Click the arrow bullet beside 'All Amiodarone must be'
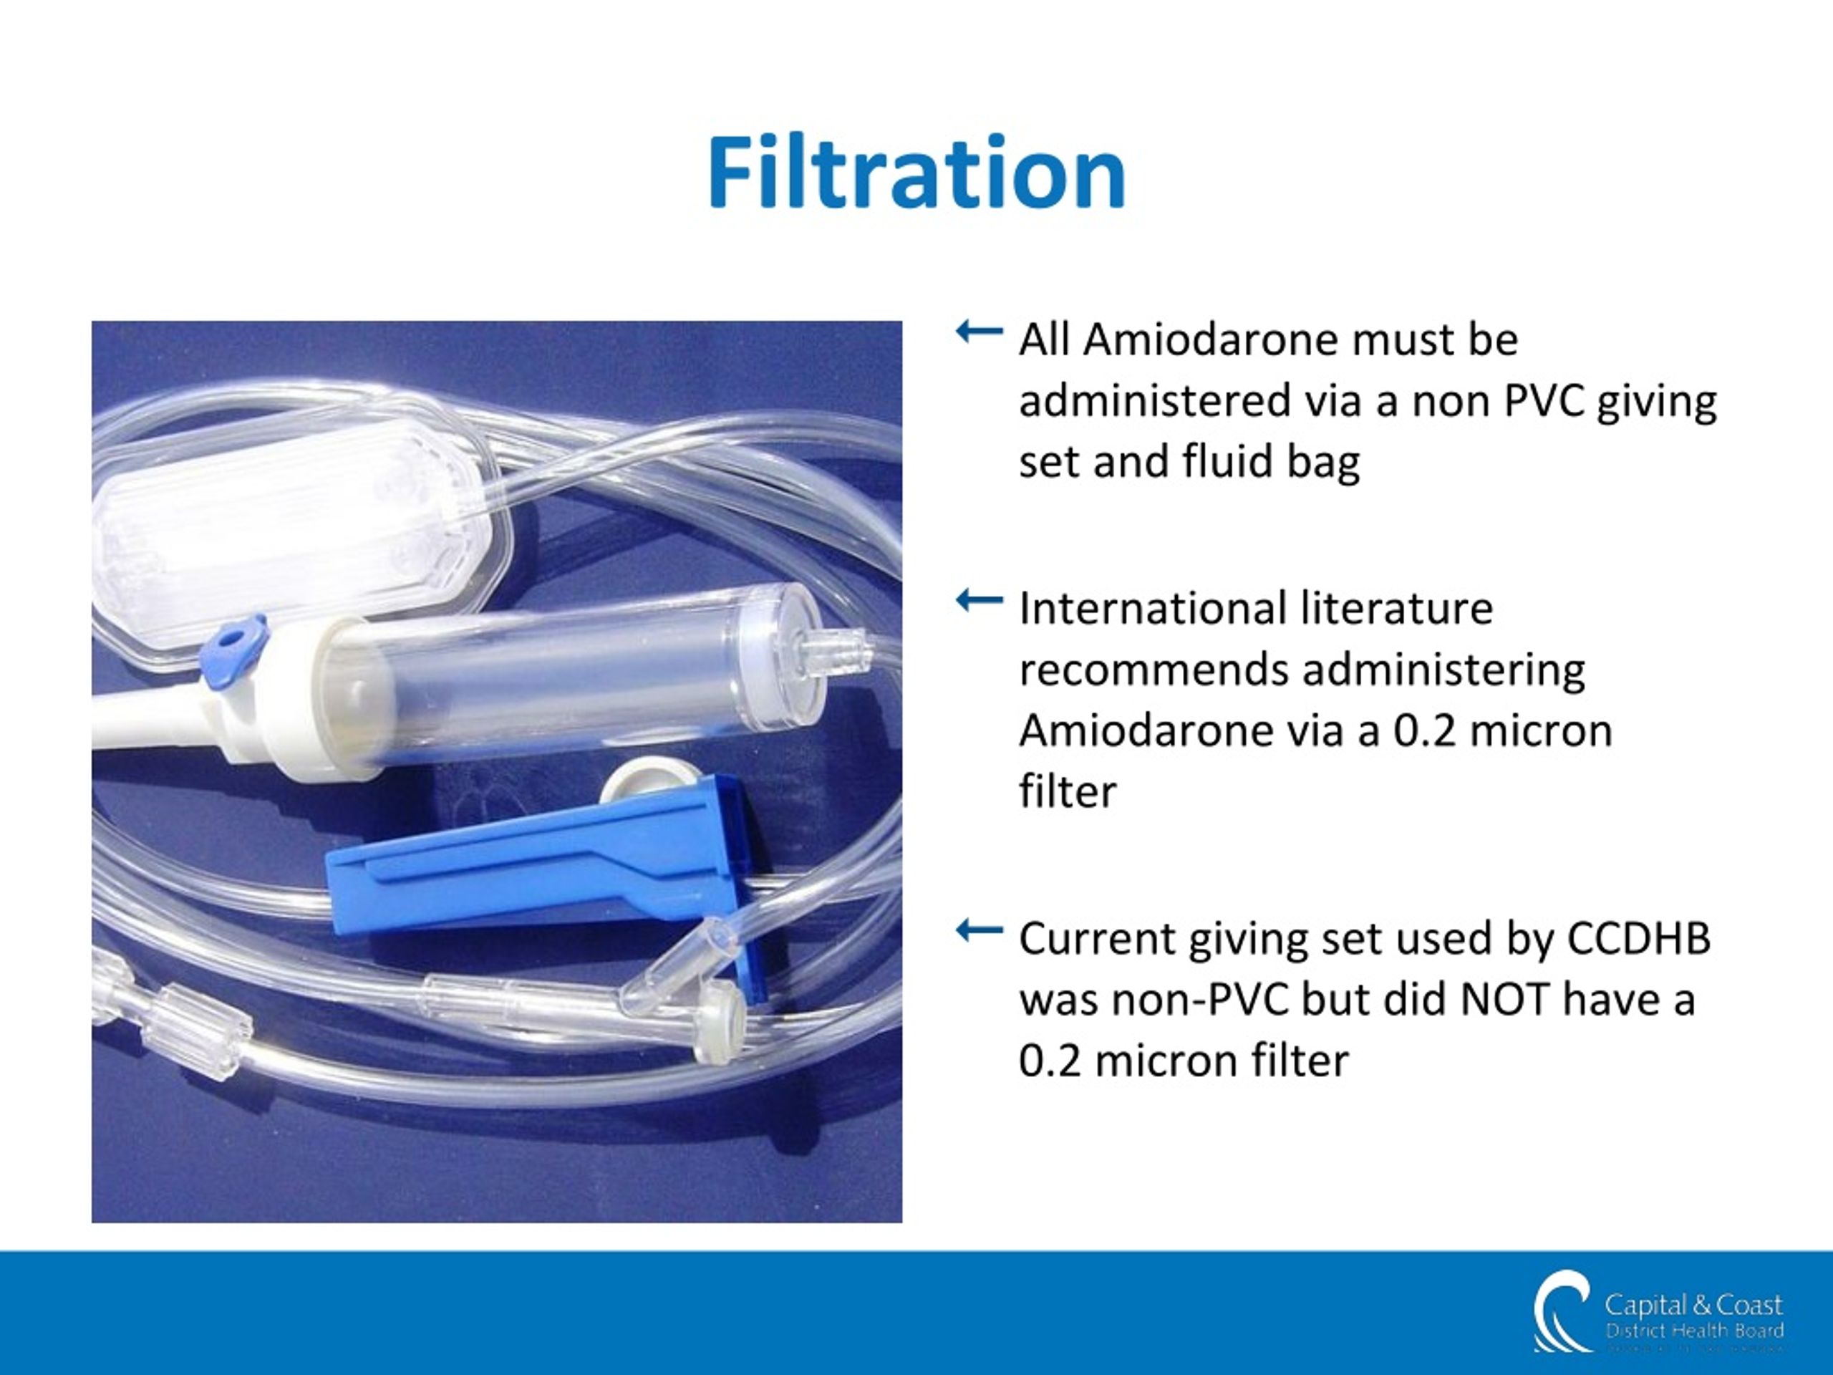coord(979,332)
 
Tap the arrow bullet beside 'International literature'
coord(979,600)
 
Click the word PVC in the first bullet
coord(1544,401)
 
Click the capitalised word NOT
coord(1504,1000)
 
